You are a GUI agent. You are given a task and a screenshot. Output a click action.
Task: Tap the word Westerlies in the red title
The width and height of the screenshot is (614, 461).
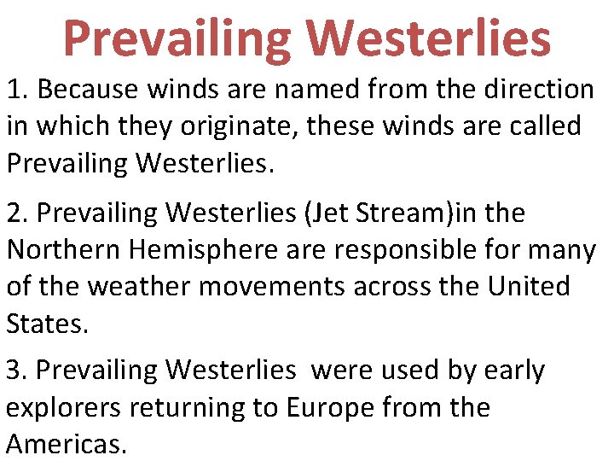point(428,38)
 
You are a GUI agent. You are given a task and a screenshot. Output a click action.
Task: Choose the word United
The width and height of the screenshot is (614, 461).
point(529,287)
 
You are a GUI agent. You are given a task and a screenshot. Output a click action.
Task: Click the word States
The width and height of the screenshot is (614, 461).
point(48,324)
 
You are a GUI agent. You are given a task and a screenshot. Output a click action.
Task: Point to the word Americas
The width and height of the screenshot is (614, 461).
point(67,444)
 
